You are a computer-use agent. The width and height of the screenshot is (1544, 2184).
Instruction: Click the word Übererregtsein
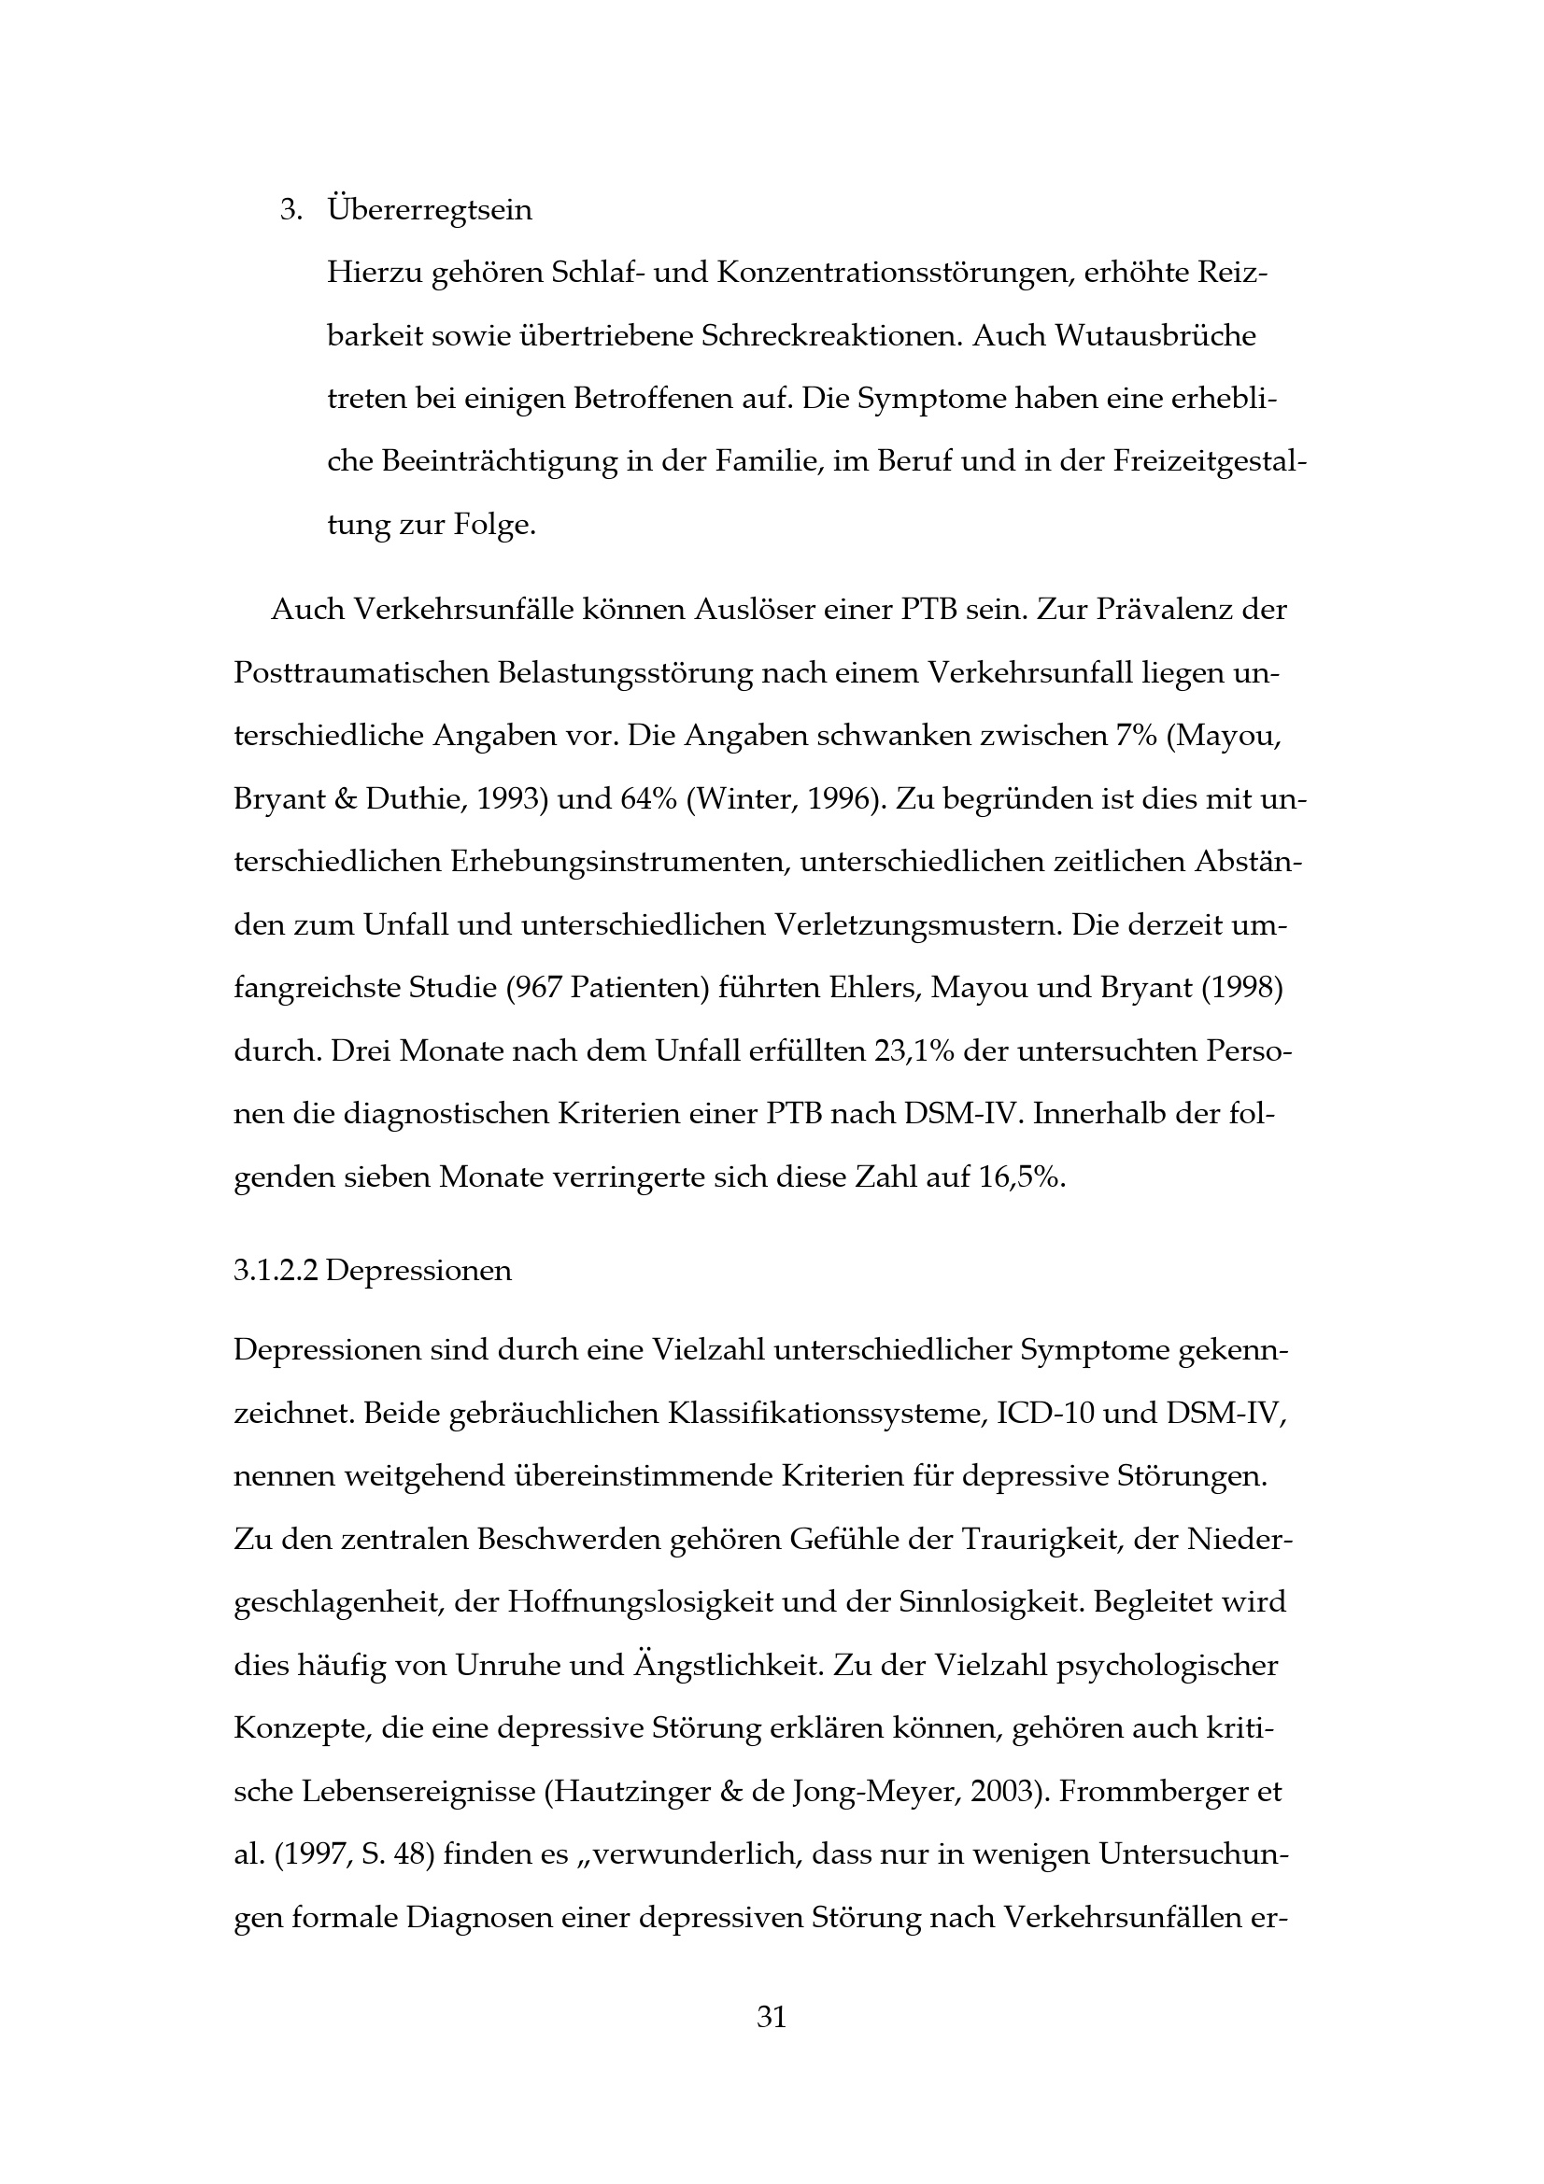(x=430, y=210)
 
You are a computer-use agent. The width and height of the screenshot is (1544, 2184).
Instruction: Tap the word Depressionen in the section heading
(x=418, y=1271)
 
